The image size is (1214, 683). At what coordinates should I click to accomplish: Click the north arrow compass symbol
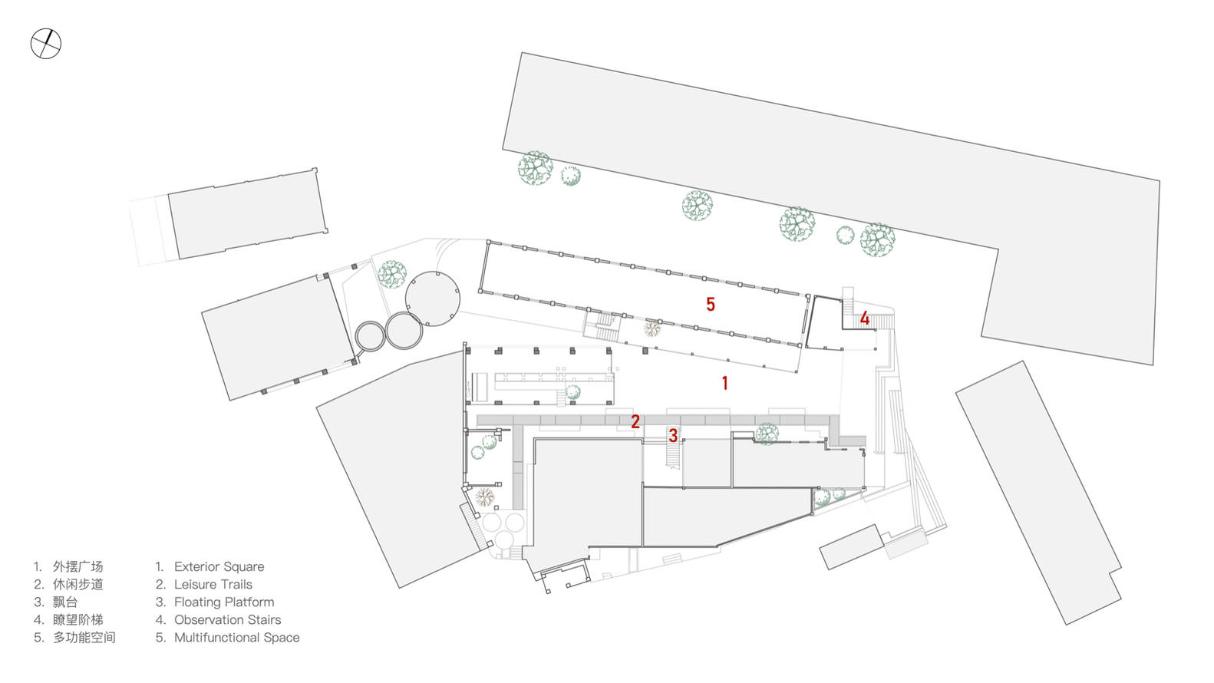(45, 44)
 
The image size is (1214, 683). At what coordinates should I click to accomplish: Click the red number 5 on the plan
(711, 305)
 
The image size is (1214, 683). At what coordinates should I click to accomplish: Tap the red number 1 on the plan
(724, 382)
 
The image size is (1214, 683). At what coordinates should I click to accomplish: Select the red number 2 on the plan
(635, 421)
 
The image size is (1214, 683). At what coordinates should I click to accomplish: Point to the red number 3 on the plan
(673, 436)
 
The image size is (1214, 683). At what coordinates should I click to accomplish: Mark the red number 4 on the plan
(865, 318)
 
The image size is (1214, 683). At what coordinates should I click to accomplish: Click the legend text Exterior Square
(219, 567)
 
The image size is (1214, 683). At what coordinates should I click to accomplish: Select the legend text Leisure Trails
(213, 585)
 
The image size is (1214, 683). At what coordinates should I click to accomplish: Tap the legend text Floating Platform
(223, 602)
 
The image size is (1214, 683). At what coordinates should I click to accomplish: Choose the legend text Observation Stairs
(227, 620)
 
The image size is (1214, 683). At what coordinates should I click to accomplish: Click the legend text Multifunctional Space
(236, 638)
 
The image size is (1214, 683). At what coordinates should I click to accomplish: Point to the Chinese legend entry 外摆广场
(78, 567)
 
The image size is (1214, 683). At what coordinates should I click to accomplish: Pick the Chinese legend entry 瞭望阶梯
(78, 620)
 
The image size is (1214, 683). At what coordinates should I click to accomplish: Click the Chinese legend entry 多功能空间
(84, 638)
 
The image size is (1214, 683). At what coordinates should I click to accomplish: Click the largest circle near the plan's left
(433, 298)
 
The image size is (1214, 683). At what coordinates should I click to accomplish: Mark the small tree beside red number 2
(766, 434)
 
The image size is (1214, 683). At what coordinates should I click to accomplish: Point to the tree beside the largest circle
(392, 274)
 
